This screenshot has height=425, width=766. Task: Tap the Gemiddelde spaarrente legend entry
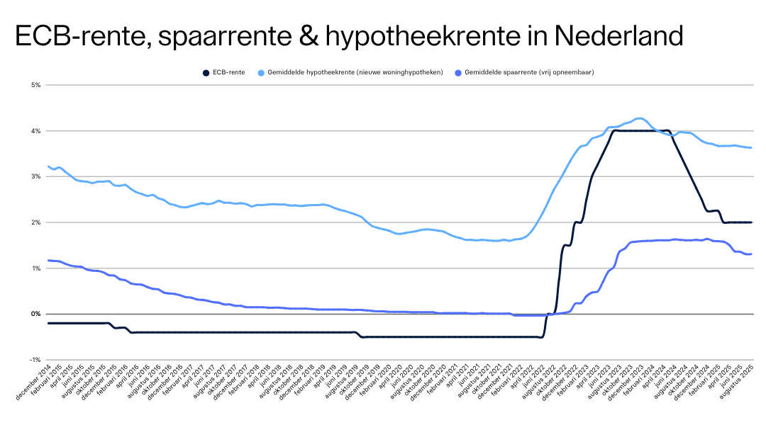[x=529, y=72]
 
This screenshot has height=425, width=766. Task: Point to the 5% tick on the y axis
[x=36, y=85]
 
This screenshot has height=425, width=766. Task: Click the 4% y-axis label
[x=36, y=131]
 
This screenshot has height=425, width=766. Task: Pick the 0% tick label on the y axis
[x=36, y=314]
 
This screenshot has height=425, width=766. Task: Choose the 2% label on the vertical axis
[x=36, y=222]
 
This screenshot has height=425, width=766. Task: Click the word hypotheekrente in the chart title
[x=428, y=35]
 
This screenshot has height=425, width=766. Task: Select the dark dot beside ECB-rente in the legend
[x=206, y=72]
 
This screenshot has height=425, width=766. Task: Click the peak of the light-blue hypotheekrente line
[x=640, y=118]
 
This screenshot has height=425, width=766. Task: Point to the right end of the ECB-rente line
[x=751, y=222]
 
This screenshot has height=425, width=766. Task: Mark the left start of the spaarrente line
[x=48, y=261]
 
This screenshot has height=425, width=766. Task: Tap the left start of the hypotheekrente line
[x=48, y=166]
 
